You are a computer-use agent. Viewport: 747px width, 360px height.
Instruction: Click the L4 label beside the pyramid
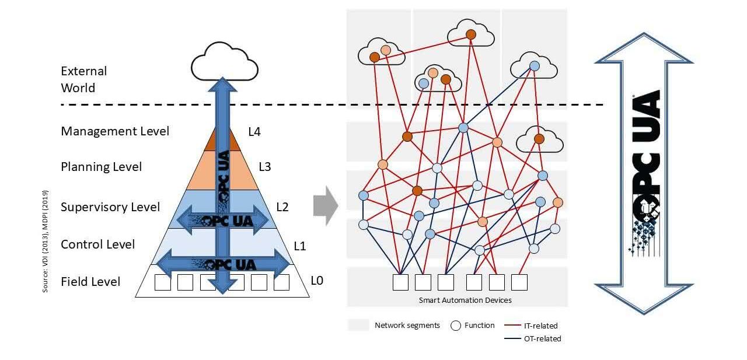tap(254, 132)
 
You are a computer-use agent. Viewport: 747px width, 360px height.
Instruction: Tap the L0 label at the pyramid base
tap(317, 281)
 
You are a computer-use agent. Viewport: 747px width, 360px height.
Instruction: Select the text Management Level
tap(115, 131)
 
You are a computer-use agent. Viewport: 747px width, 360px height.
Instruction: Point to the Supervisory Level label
tap(110, 207)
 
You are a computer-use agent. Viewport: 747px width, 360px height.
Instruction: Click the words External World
tap(83, 79)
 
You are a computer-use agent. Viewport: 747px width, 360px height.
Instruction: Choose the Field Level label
tap(90, 282)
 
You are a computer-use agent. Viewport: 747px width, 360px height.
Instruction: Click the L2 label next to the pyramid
tap(282, 207)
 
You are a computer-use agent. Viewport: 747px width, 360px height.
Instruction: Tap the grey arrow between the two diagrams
tap(326, 205)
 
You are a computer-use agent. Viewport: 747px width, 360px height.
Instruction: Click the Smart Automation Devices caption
tap(465, 300)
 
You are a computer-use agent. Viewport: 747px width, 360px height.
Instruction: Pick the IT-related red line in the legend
tap(512, 325)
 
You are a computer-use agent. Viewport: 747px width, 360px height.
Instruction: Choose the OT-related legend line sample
tap(512, 338)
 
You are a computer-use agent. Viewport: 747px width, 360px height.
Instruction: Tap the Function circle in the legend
tap(456, 326)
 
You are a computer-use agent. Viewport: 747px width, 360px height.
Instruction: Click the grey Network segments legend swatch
tap(358, 325)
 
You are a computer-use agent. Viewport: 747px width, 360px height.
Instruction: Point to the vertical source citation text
tap(45, 242)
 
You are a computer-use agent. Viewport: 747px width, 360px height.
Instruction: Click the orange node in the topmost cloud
tap(471, 34)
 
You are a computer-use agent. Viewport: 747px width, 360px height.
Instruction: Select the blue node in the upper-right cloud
tap(534, 66)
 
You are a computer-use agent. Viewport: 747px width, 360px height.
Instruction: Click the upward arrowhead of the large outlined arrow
tap(644, 48)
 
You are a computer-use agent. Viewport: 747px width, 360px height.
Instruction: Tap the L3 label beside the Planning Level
tap(265, 167)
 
